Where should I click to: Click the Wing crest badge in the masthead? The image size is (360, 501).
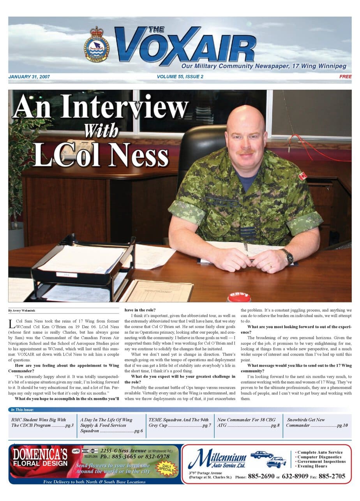click(97, 44)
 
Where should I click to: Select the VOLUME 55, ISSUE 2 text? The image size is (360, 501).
click(180, 77)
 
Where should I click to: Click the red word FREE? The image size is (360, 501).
click(345, 77)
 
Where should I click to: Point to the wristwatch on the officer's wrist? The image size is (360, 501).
click(288, 257)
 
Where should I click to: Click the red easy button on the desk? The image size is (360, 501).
click(239, 297)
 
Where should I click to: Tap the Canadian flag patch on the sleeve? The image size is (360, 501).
click(302, 176)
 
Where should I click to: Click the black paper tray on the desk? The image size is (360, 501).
click(82, 265)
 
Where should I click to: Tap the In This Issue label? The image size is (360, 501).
click(22, 410)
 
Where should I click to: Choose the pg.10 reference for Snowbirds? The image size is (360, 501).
click(342, 425)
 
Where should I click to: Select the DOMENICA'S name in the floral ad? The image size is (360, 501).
click(40, 454)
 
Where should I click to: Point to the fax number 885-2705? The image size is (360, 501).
click(332, 476)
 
